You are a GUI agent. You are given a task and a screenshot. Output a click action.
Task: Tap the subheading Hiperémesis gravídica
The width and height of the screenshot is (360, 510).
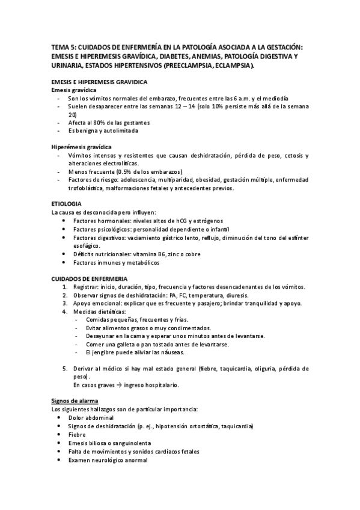(81, 147)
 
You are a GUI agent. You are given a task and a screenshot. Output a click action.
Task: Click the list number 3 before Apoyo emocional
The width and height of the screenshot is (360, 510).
(66, 303)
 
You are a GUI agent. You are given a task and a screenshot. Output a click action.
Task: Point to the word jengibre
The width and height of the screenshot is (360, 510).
(104, 352)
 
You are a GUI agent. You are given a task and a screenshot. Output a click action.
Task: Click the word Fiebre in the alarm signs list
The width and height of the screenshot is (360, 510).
(77, 434)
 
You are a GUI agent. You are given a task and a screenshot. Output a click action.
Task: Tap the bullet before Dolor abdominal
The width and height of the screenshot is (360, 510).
(57, 417)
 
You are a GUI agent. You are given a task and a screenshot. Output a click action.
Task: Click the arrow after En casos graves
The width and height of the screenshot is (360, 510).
(118, 384)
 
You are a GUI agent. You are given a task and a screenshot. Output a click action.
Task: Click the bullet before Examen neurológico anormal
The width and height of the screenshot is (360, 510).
(57, 459)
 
